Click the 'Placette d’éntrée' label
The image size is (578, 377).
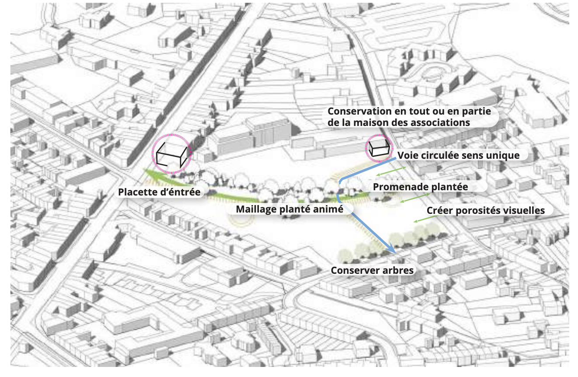click(159, 192)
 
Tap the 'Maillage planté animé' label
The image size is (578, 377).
click(289, 209)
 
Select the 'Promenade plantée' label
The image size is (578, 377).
click(420, 187)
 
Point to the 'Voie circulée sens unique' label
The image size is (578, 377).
click(458, 155)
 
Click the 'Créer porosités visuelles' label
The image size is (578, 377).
click(486, 210)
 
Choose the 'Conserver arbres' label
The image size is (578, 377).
click(372, 270)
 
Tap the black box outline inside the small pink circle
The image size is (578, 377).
click(380, 148)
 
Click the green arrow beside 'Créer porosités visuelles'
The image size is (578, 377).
click(426, 219)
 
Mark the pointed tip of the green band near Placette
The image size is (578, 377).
click(144, 169)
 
